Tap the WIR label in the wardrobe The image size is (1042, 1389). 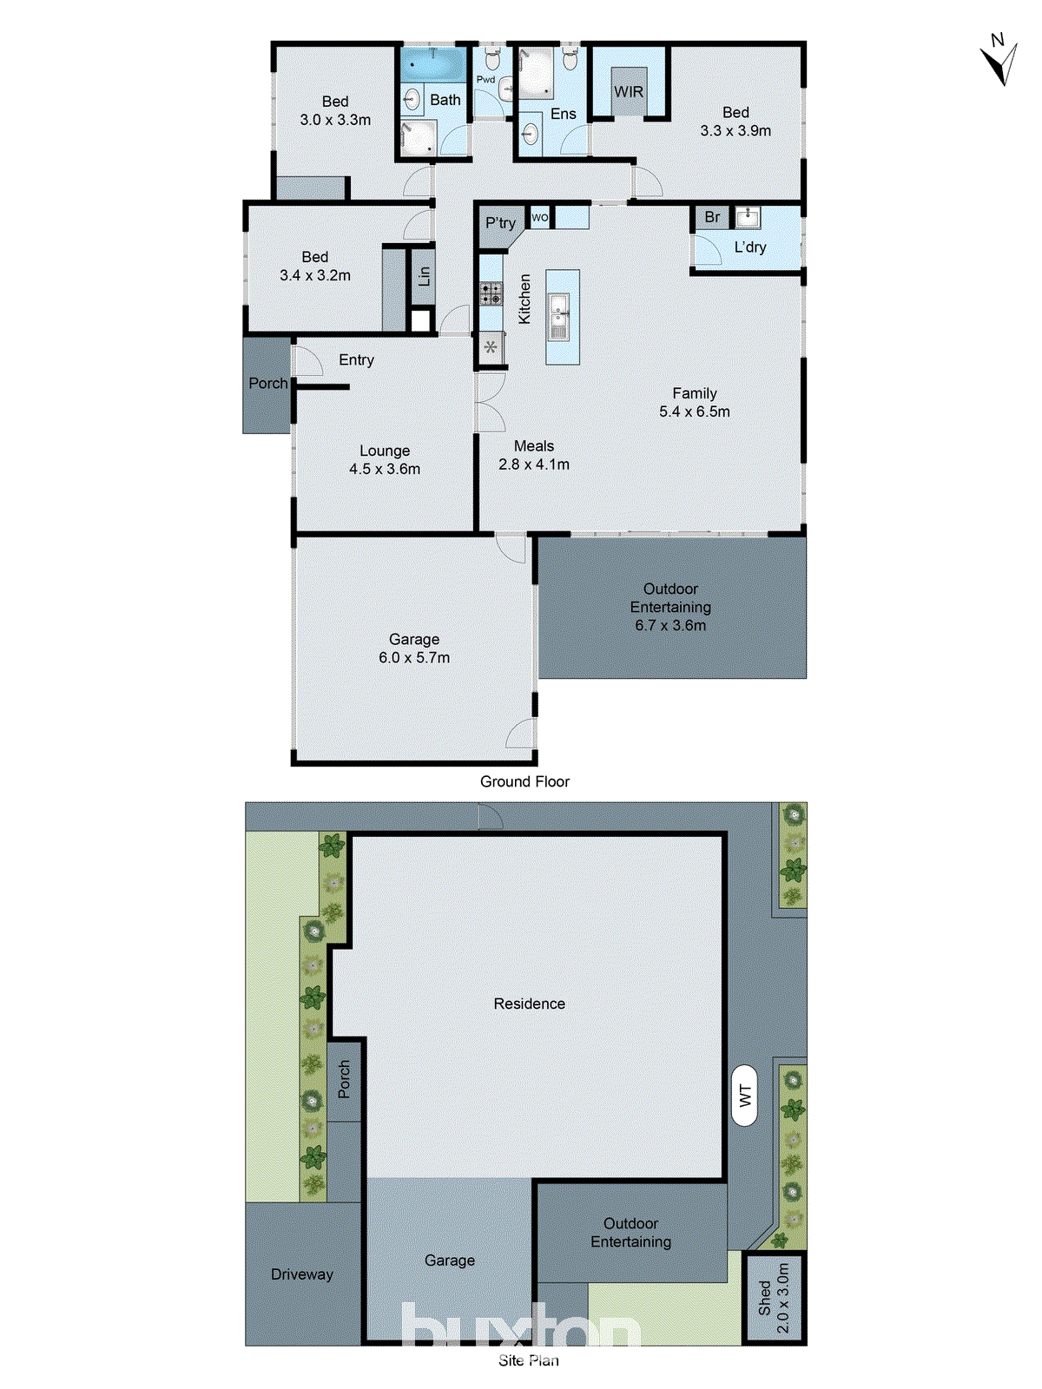click(x=629, y=92)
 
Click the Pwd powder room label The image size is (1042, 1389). click(x=485, y=80)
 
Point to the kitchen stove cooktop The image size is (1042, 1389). click(x=491, y=293)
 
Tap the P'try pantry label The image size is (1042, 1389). click(x=500, y=223)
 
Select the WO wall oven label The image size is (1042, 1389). click(x=539, y=217)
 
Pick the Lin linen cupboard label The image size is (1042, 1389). click(x=424, y=276)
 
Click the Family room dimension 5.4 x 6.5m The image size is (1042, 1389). click(x=695, y=411)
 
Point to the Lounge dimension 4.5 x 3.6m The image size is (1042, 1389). click(x=385, y=469)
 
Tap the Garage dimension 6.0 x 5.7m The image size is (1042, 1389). click(x=414, y=657)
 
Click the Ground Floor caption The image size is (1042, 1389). click(x=524, y=781)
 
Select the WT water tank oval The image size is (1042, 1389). click(x=744, y=1096)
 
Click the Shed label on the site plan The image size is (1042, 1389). click(x=765, y=1298)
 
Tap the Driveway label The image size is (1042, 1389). click(x=302, y=1274)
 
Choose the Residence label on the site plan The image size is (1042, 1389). click(x=529, y=1004)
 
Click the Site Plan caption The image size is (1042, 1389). click(x=529, y=1360)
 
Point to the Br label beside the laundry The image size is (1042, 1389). click(x=712, y=217)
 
